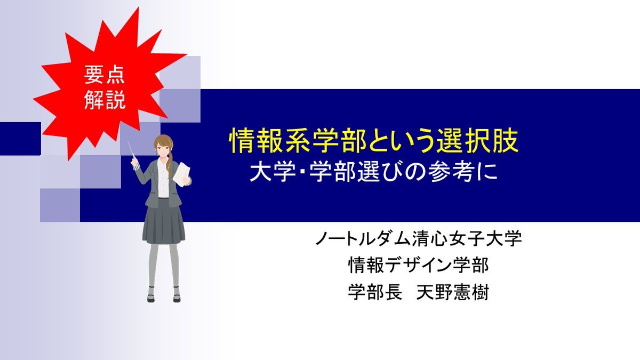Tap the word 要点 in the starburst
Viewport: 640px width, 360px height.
click(x=105, y=75)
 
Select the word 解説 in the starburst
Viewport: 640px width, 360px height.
click(x=105, y=100)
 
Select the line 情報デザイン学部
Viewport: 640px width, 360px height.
click(x=419, y=265)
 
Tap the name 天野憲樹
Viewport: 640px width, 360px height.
click(x=453, y=292)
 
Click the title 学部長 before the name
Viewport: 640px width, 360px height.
click(x=375, y=292)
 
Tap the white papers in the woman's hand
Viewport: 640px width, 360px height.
click(x=182, y=174)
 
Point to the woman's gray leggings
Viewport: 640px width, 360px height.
click(x=164, y=266)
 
